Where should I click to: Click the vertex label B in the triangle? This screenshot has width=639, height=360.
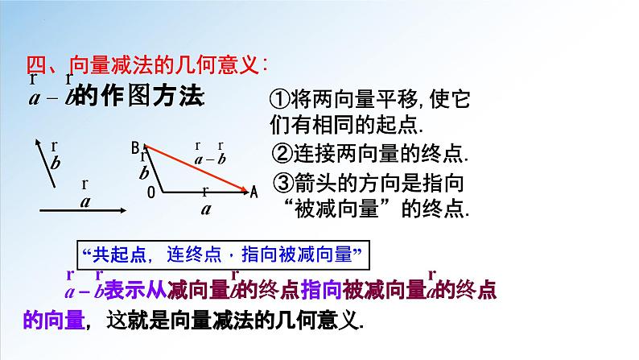pyautogui.click(x=135, y=147)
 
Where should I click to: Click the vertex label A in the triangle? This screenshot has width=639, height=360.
pyautogui.click(x=254, y=192)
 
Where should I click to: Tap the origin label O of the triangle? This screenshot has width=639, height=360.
pyautogui.click(x=150, y=193)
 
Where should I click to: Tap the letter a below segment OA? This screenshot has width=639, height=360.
pyautogui.click(x=205, y=207)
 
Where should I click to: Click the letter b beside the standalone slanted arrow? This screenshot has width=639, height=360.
pyautogui.click(x=55, y=163)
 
